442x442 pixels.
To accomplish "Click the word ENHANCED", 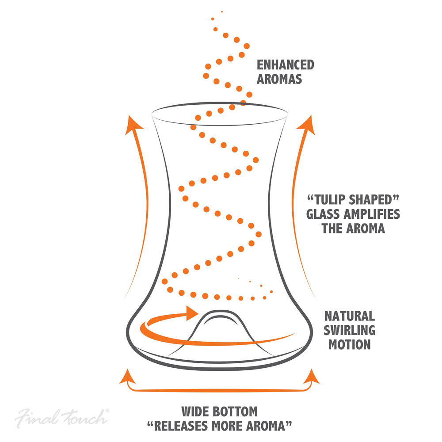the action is [x=285, y=65].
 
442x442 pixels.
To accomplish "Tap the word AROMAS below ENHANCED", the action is [x=279, y=79].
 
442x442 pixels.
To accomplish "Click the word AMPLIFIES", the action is [x=372, y=214].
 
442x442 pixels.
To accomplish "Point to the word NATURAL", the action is [x=350, y=316].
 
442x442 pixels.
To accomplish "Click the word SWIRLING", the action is [x=350, y=330].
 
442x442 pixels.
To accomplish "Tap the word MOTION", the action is [x=350, y=345].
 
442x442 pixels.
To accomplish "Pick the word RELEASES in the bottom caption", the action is [x=181, y=426].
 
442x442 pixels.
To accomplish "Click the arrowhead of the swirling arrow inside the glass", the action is [x=193, y=313].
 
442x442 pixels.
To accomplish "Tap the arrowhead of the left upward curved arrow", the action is [x=133, y=125].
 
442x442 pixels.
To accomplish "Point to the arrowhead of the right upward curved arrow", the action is [x=307, y=125].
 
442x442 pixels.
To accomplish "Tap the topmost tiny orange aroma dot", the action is [x=222, y=11].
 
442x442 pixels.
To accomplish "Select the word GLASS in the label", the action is [x=324, y=214].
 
